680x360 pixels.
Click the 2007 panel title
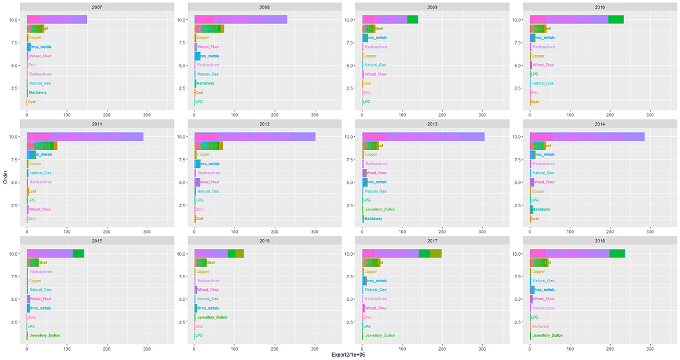tap(97, 6)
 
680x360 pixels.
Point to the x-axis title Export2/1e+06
tap(348, 355)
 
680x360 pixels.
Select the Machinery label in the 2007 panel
tap(38, 92)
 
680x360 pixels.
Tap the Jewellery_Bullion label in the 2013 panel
tap(380, 209)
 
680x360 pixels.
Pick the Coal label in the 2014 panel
tap(535, 219)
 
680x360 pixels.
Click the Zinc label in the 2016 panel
tap(200, 327)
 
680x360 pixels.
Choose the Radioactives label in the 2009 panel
tap(376, 47)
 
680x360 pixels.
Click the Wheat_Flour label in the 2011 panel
tap(40, 209)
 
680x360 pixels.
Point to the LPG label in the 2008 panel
tap(199, 102)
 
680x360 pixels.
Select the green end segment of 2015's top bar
tap(78, 253)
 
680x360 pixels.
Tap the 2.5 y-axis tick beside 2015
tap(19, 322)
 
